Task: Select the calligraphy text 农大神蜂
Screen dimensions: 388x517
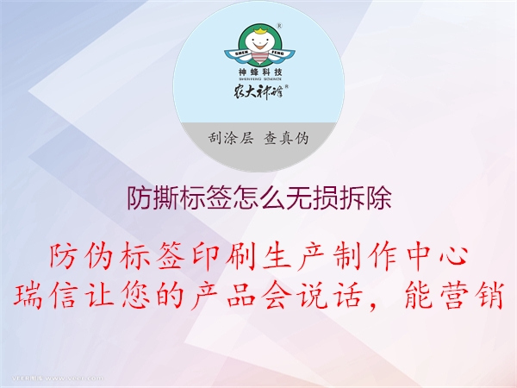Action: (258, 91)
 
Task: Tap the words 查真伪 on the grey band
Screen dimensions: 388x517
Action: (286, 138)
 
